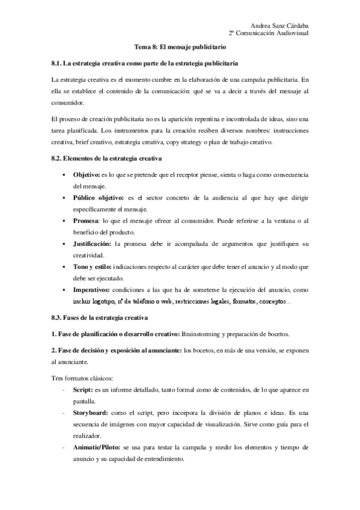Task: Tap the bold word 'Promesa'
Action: (x=87, y=221)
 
